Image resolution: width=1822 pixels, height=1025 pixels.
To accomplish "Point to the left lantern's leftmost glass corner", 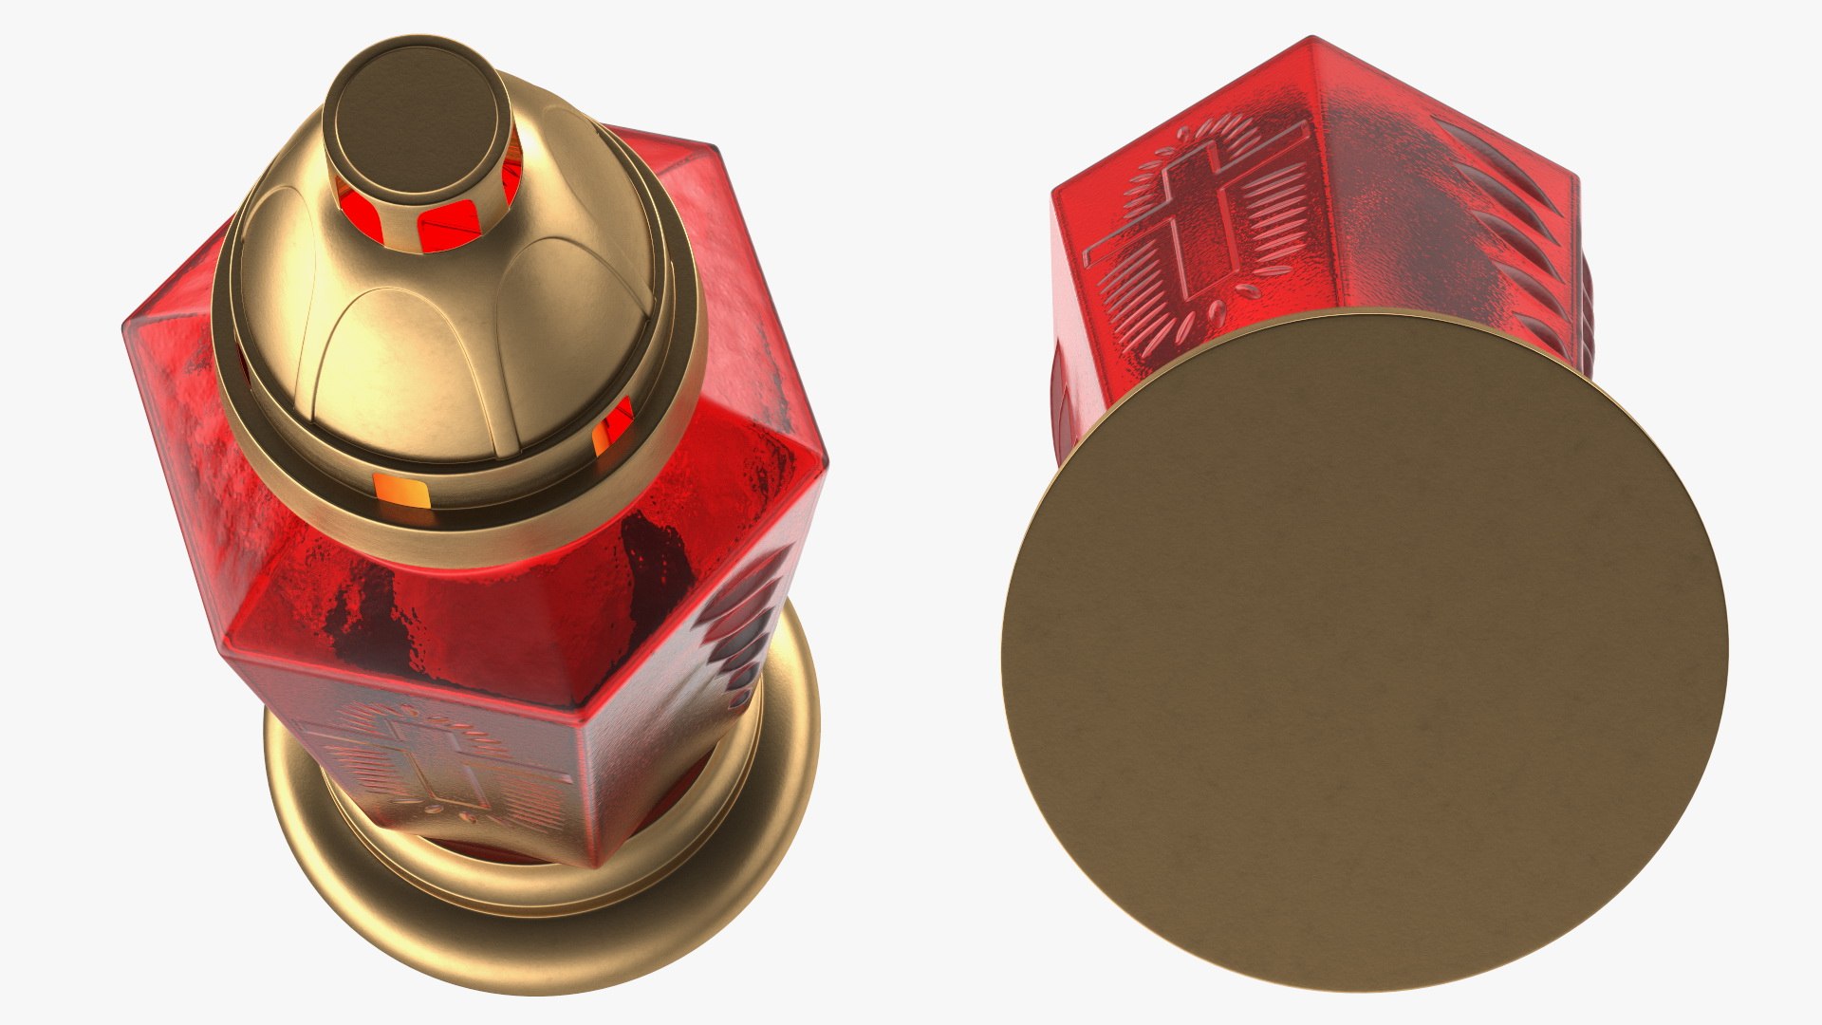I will tap(129, 327).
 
